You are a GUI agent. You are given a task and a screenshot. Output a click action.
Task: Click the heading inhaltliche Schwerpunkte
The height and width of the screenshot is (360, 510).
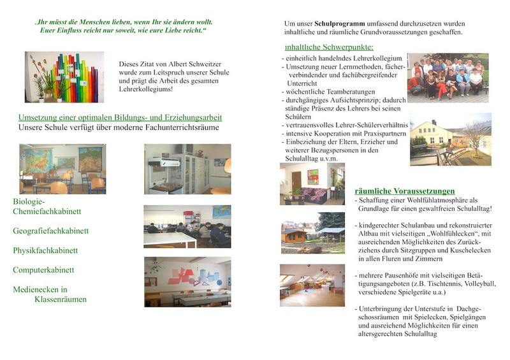click(329, 47)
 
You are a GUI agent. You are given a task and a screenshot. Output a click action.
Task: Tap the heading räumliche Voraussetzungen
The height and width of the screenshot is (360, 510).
click(405, 191)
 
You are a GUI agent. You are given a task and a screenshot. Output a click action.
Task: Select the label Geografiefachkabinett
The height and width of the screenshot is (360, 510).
click(50, 231)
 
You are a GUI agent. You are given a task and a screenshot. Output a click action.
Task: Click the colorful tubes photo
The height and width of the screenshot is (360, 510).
click(64, 77)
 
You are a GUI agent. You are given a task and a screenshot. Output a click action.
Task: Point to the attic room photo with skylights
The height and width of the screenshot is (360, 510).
click(312, 285)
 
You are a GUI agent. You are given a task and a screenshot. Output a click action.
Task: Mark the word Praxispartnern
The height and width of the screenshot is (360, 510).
click(379, 134)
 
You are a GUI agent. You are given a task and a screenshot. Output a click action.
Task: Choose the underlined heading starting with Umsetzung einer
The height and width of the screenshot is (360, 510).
click(120, 119)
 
